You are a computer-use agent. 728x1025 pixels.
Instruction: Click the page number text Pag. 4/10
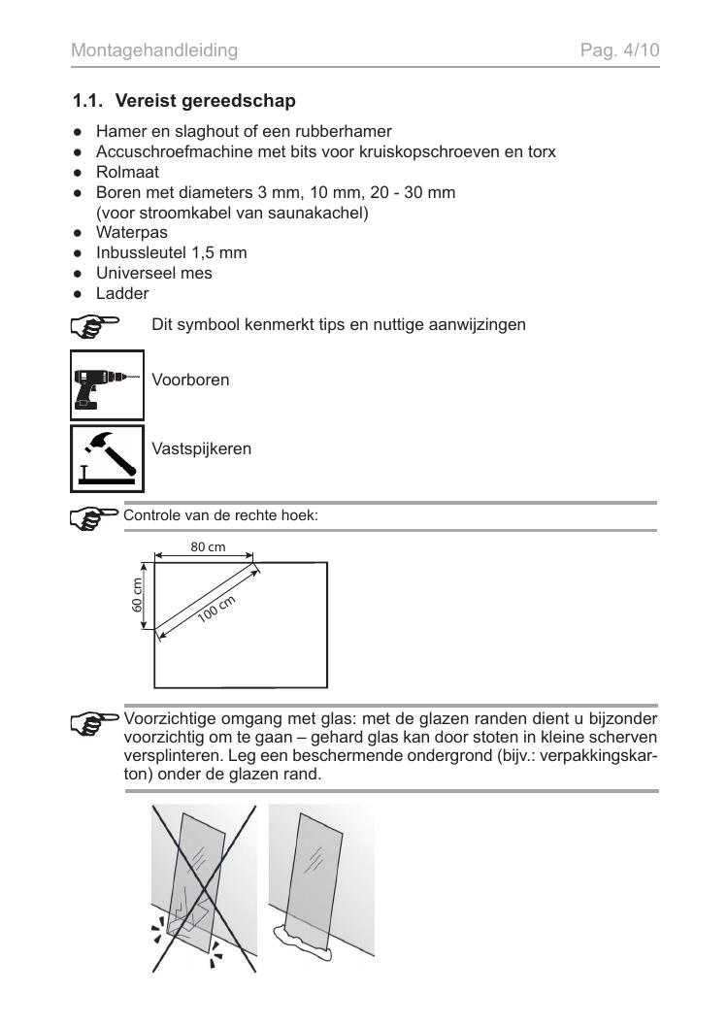point(619,50)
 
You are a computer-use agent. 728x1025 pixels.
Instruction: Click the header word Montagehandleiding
point(154,50)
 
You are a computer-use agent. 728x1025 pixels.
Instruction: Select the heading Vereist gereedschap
point(205,101)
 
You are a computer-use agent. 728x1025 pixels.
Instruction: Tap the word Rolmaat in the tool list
point(127,172)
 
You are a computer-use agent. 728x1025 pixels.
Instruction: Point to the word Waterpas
point(131,233)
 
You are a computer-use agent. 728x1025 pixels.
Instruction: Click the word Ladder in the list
point(122,293)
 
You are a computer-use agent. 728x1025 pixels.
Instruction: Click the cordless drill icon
point(107,385)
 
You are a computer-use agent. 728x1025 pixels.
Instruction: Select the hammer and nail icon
point(107,458)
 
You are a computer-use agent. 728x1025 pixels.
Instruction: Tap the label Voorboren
point(190,380)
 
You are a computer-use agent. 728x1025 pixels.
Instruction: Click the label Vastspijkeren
point(201,449)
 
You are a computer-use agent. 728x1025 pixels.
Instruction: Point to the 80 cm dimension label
point(208,547)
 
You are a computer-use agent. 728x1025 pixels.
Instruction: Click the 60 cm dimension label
point(137,595)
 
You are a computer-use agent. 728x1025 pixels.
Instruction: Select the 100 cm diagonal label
point(216,610)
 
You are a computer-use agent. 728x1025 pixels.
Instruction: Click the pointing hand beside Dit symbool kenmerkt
point(95,327)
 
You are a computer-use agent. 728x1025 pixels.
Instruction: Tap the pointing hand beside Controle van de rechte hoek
point(95,519)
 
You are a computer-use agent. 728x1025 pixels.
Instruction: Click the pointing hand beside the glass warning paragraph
point(95,723)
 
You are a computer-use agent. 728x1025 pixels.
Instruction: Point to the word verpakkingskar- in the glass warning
point(599,756)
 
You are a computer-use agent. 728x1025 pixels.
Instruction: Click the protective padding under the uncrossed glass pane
point(302,942)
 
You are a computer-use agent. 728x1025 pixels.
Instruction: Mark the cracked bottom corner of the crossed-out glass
point(187,921)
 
